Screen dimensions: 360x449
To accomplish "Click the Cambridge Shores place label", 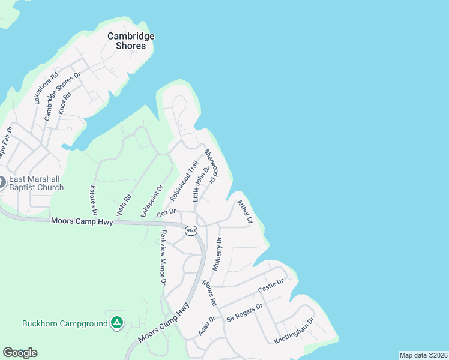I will (131, 41).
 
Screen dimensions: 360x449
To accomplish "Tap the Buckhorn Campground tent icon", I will (117, 323).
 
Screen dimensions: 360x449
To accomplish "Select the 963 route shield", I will (191, 230).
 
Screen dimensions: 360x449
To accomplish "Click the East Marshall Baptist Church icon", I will (2, 181).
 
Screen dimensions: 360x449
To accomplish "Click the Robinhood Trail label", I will (184, 181).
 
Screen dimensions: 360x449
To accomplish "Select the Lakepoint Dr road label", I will (152, 200).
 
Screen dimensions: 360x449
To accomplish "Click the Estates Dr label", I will (94, 200).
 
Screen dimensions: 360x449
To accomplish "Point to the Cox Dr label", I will (166, 213).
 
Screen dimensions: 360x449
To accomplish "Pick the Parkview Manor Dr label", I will (163, 259).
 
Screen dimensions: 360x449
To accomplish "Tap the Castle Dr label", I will (270, 287).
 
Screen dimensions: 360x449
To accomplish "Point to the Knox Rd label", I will (65, 103).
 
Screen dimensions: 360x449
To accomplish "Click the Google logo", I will (20, 353).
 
